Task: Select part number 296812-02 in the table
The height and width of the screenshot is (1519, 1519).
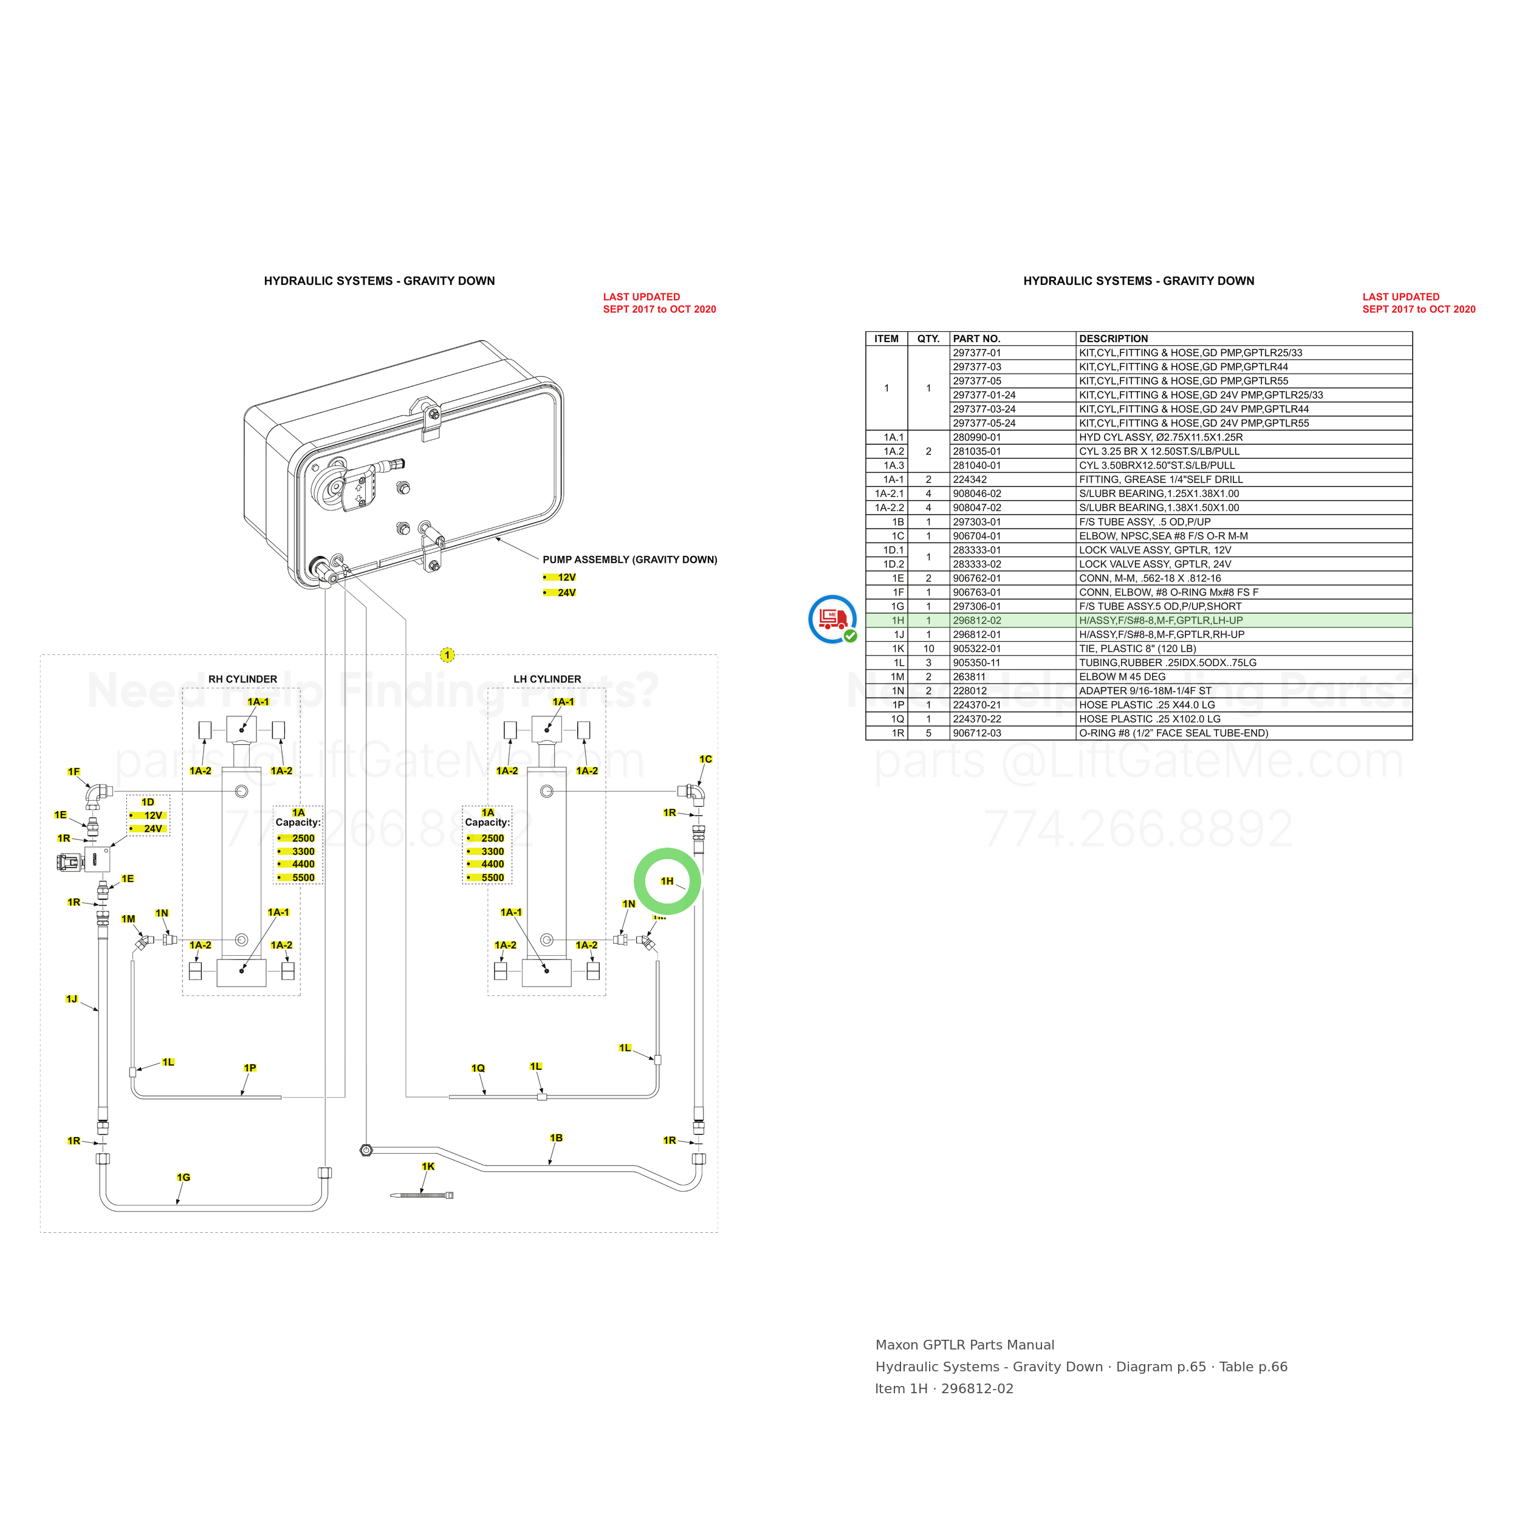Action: [x=976, y=620]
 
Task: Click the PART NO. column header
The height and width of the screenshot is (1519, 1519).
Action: [x=976, y=339]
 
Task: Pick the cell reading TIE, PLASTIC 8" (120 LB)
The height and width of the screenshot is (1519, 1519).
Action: [x=1137, y=649]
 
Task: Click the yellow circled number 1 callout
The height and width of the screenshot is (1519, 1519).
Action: [x=447, y=655]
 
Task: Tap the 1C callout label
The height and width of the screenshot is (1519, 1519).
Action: [x=705, y=759]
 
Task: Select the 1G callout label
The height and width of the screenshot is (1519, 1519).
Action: [x=183, y=1177]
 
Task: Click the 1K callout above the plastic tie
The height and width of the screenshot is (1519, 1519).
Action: [x=428, y=1166]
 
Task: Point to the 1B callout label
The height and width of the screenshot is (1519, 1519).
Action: [x=556, y=1137]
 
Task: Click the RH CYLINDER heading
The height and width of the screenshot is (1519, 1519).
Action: [x=242, y=679]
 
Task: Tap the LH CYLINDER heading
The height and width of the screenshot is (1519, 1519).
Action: [x=547, y=679]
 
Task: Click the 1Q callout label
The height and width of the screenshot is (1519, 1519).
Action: [x=478, y=1068]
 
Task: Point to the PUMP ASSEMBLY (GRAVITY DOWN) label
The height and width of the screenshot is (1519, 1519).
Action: [x=629, y=560]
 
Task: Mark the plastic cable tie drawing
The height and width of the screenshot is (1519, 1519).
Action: [x=422, y=1195]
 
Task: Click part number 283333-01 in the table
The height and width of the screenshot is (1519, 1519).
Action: [x=976, y=550]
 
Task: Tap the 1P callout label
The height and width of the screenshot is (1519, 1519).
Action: [x=249, y=1068]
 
